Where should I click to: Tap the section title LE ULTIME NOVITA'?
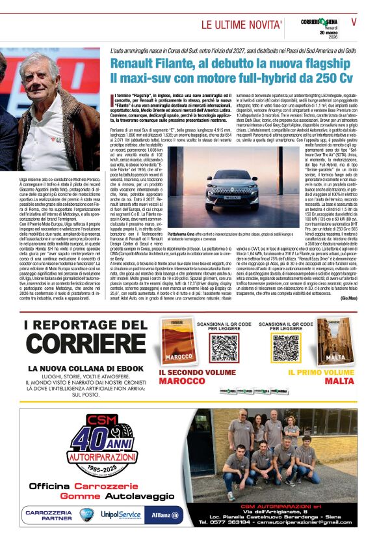[x=240, y=25]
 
